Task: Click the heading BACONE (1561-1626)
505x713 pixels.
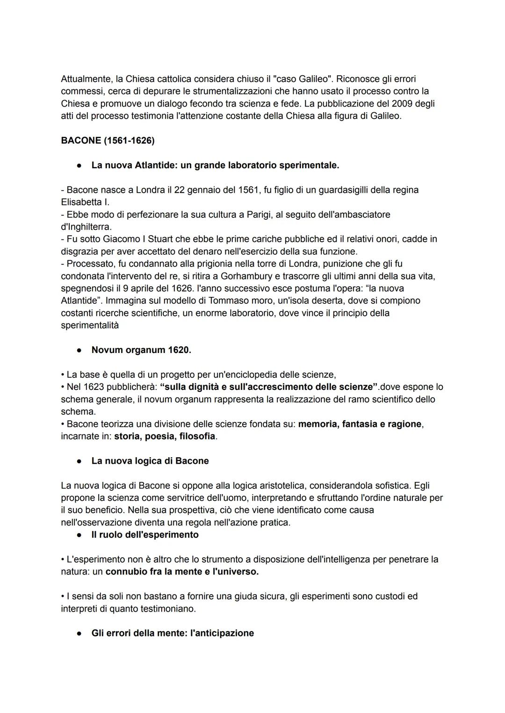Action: click(x=108, y=141)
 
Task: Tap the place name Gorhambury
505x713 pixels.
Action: click(x=246, y=276)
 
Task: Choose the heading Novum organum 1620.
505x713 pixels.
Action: click(x=141, y=350)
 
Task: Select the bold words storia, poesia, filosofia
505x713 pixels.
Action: click(x=165, y=436)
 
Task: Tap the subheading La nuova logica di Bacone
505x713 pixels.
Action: click(x=150, y=461)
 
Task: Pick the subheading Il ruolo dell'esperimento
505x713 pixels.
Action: click(x=145, y=534)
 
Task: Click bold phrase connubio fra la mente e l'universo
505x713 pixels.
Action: click(x=182, y=572)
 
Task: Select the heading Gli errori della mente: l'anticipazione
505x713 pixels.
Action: click(x=173, y=634)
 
